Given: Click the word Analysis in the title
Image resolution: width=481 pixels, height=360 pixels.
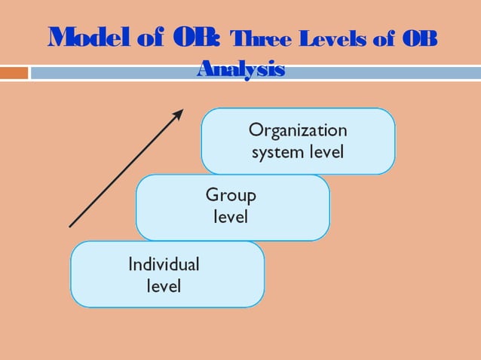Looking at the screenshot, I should coord(240,70).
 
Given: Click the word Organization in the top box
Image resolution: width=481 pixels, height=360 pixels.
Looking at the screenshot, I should coord(298,130).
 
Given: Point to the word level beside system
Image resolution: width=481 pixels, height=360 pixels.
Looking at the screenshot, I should coord(326,152).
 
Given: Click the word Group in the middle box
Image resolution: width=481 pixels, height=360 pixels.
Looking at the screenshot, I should coord(231,196).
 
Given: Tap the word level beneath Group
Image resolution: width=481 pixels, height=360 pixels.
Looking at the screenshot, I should coord(231,217).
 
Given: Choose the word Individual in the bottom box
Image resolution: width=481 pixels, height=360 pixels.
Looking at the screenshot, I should coord(164,264).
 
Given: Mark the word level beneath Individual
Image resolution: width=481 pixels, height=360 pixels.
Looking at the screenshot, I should coord(164,286).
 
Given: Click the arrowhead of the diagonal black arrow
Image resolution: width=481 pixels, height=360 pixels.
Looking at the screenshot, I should coord(179,113).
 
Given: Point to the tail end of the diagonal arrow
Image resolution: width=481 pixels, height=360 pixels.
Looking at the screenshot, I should coord(70,226).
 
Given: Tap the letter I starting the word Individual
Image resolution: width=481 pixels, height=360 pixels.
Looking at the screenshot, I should coord(130,264).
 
